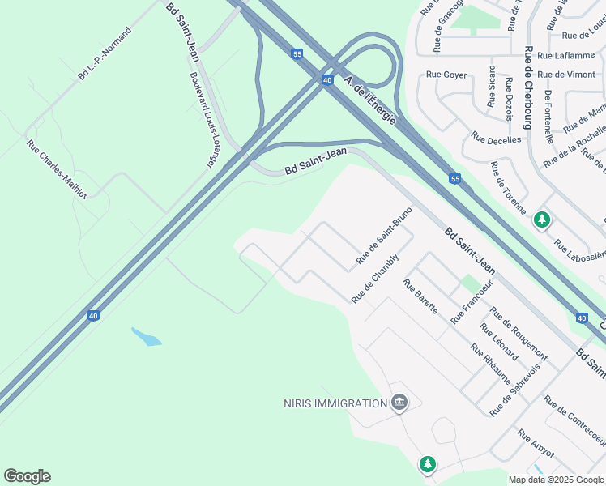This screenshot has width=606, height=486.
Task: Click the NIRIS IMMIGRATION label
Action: (335, 403)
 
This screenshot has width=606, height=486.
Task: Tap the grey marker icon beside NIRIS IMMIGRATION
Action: (399, 403)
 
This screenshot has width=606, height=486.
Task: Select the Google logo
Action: (27, 476)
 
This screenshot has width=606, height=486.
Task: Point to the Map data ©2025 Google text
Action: (555, 480)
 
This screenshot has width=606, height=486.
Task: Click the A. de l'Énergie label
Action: (370, 100)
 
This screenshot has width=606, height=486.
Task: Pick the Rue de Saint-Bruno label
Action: (385, 237)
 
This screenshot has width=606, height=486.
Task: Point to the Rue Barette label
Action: (420, 297)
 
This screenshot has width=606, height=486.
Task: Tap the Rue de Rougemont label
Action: (519, 336)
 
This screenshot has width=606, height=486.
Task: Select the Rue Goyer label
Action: (446, 75)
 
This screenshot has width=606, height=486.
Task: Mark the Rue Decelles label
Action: (496, 139)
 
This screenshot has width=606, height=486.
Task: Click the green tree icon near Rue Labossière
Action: (541, 220)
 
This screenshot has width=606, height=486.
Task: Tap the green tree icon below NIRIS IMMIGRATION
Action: (427, 464)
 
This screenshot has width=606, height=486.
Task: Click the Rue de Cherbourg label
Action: (527, 88)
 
